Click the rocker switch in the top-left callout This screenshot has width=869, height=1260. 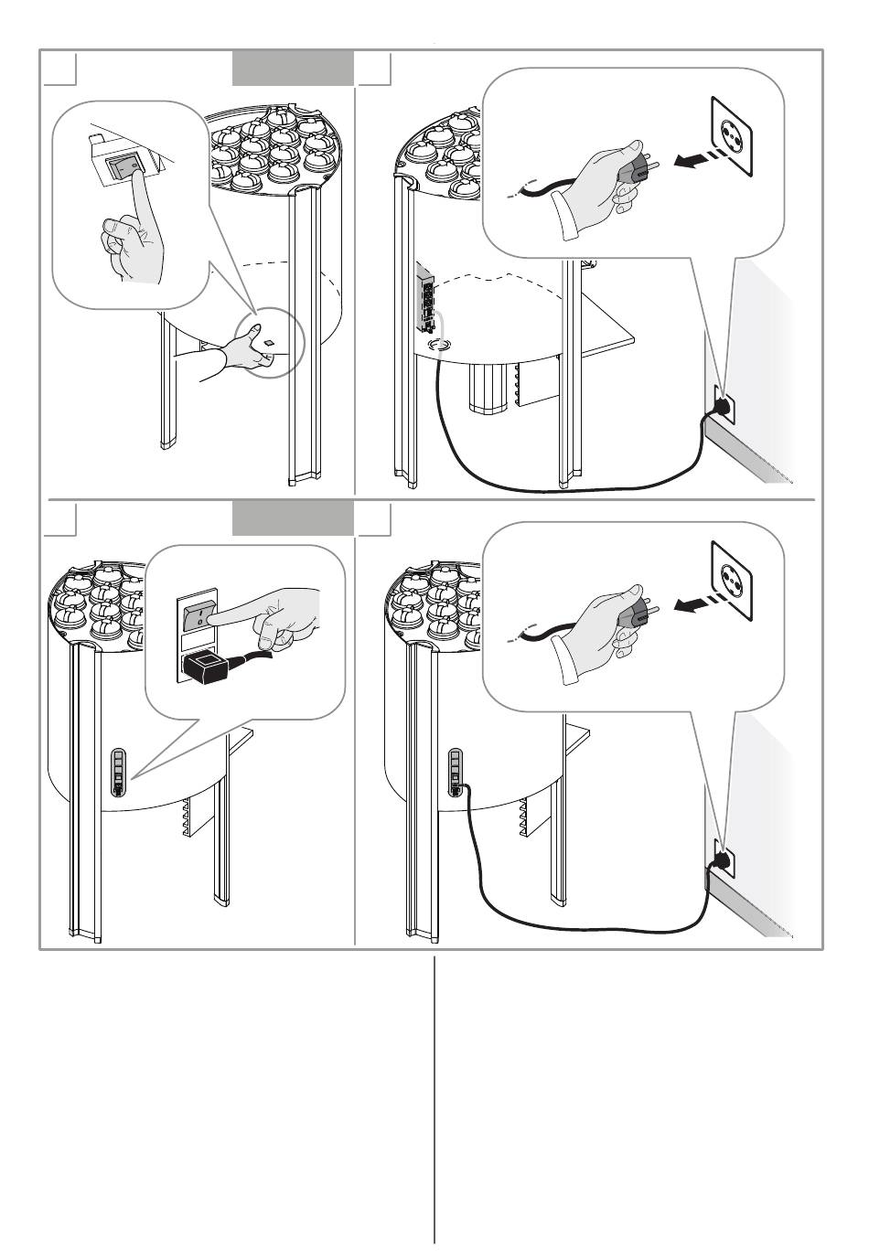[x=123, y=166]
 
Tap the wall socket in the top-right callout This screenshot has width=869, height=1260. [x=733, y=137]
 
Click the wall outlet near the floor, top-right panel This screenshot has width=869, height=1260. [x=723, y=402]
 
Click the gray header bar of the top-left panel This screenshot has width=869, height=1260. [x=293, y=68]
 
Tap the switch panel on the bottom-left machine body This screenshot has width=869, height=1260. [x=118, y=774]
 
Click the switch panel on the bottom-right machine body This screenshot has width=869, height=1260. [x=455, y=774]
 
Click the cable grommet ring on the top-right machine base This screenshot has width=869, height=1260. [x=439, y=346]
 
